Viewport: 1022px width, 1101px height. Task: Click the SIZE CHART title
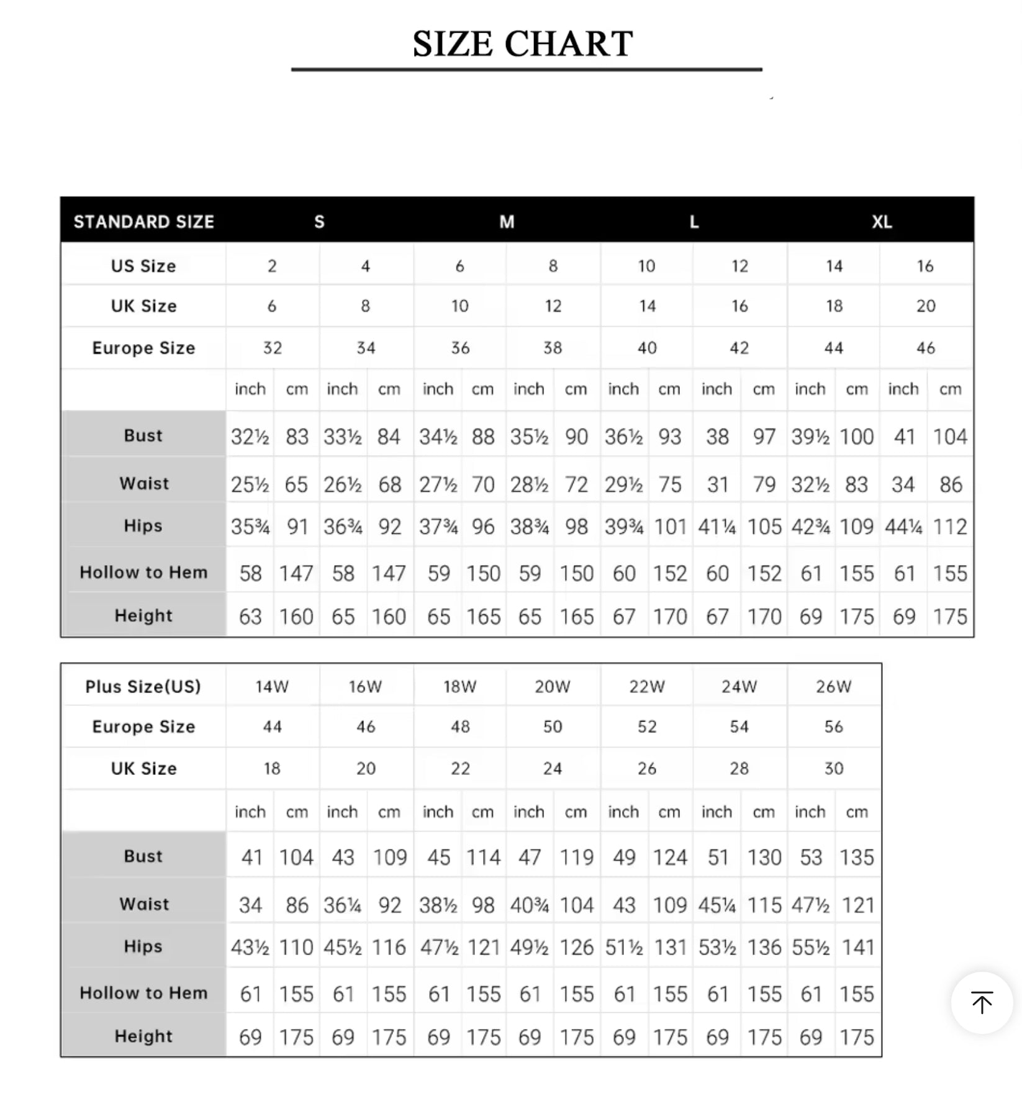(523, 44)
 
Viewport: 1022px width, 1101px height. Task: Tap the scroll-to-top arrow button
(982, 1002)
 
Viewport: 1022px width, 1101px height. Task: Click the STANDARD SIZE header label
(144, 222)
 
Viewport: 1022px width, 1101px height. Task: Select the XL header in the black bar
(882, 222)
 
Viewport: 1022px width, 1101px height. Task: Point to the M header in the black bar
(507, 222)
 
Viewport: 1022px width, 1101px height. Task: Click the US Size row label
(143, 266)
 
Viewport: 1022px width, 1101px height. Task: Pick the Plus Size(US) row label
(143, 686)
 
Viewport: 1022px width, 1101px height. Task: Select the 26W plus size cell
(833, 686)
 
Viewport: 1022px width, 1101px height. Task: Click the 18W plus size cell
(459, 686)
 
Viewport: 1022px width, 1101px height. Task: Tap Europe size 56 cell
(833, 727)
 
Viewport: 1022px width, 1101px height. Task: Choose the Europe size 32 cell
(272, 348)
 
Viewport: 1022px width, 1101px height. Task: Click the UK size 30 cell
(833, 768)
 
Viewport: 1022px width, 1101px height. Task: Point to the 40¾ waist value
(529, 905)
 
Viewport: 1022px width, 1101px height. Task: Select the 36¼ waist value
(342, 905)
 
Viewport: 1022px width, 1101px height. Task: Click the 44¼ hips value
(903, 527)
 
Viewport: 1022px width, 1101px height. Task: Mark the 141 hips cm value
(857, 948)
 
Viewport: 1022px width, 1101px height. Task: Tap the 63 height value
(250, 617)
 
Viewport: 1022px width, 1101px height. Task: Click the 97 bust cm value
(764, 437)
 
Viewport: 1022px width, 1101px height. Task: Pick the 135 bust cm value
(857, 858)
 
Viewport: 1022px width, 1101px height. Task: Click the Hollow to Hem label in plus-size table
(143, 993)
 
